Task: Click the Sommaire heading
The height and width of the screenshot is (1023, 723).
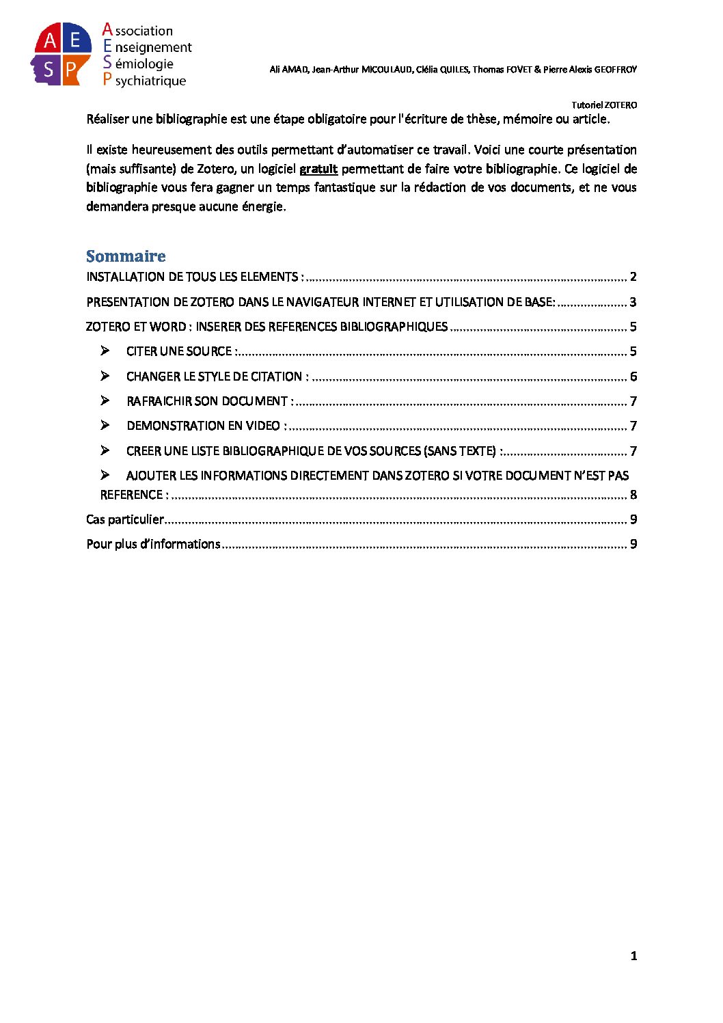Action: (126, 256)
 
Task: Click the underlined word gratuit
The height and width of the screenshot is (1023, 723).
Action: (318, 169)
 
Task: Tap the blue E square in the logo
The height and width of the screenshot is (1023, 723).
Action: (77, 41)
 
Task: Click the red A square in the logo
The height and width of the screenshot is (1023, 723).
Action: (49, 41)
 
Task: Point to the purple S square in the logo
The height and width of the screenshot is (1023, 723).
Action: (48, 69)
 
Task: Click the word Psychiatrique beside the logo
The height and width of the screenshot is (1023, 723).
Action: (144, 81)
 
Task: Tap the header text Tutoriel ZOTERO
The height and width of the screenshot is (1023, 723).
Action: (604, 105)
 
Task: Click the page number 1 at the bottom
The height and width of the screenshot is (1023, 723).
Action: (634, 956)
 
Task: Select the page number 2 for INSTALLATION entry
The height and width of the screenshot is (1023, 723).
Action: (633, 277)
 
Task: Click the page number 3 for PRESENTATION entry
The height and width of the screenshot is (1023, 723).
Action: (633, 302)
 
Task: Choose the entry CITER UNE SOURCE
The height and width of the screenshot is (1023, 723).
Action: (181, 351)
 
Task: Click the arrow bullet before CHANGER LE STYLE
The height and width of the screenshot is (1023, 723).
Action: (105, 376)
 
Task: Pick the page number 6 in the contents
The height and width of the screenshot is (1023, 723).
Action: (633, 377)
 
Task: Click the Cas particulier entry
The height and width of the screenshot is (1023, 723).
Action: (125, 519)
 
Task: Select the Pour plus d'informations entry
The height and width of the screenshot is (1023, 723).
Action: (153, 544)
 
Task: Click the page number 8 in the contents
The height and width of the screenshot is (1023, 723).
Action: (633, 495)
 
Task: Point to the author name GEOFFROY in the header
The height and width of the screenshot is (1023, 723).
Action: (615, 70)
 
